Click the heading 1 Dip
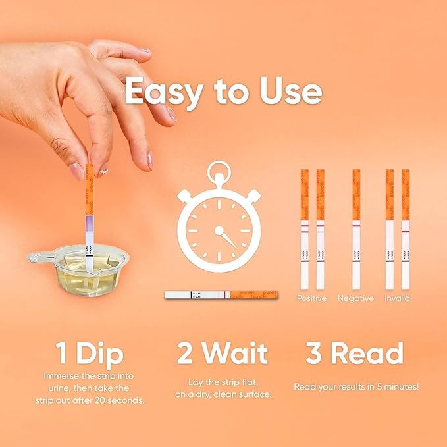coord(90,355)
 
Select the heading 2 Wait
coord(222,355)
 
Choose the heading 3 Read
coord(354,355)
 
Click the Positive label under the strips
coord(311,298)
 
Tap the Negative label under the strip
coord(355,298)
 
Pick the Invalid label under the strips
coord(398,298)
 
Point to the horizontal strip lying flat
coord(221,295)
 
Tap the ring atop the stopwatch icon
coord(219,173)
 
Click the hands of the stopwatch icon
coord(224,237)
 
